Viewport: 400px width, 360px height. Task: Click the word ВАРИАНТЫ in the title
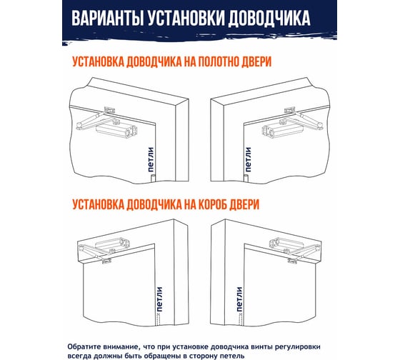coord(108,19)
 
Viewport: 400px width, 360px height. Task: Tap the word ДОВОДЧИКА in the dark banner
coord(269,19)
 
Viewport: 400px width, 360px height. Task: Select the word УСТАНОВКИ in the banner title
coord(186,19)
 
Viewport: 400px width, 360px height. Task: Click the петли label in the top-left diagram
coord(151,160)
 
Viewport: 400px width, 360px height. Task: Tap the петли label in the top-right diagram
coord(248,159)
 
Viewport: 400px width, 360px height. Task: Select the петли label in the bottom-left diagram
coord(159,299)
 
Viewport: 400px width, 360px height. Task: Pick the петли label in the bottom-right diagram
coord(239,299)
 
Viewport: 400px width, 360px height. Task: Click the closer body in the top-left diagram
coord(116,131)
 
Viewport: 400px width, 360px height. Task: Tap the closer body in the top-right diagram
coord(283,131)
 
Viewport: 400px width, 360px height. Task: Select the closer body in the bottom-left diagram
coord(113,243)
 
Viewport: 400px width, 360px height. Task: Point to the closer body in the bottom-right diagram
coord(286,243)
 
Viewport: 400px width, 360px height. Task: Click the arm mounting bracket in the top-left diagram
coord(110,110)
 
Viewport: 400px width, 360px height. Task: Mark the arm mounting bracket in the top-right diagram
coord(290,110)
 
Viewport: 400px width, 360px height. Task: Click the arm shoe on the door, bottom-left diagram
coord(106,261)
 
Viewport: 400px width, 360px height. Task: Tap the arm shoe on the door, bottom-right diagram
coord(293,261)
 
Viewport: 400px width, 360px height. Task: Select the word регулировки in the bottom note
coord(299,347)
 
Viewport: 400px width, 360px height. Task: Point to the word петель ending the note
coord(231,356)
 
